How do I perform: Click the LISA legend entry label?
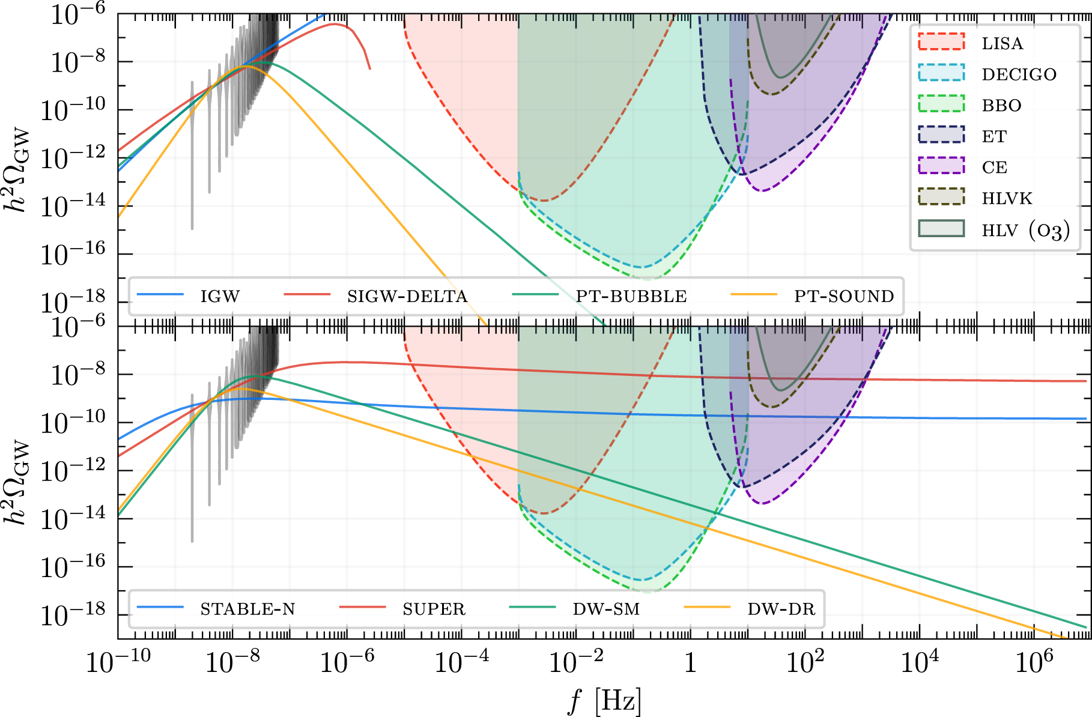point(1002,44)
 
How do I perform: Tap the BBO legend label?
point(1001,106)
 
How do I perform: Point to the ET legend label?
point(994,137)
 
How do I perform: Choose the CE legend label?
point(995,168)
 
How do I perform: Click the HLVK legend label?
point(1007,199)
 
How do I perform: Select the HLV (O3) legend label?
point(1025,231)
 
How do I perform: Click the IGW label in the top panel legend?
point(220,297)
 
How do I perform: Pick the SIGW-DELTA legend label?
point(407,297)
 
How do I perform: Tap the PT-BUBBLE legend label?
point(631,297)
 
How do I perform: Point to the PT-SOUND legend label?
point(844,297)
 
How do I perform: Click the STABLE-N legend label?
point(247,610)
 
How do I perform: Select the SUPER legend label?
point(434,610)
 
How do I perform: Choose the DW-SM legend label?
point(606,610)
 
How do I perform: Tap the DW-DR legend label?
point(781,610)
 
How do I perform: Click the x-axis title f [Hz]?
point(605,701)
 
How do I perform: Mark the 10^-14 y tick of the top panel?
point(72,207)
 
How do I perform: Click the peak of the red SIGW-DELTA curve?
point(335,24)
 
